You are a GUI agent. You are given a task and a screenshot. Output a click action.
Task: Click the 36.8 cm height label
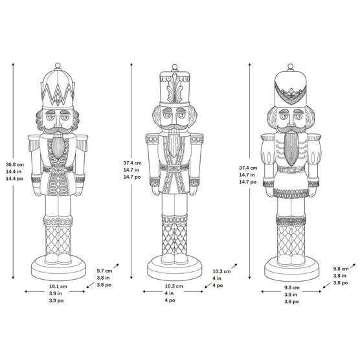(x=15, y=164)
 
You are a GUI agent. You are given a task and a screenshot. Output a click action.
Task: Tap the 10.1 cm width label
(x=58, y=286)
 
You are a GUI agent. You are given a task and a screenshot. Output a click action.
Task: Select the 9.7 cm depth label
(x=104, y=271)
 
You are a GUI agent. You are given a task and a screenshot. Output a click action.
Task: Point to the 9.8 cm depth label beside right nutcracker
(x=341, y=269)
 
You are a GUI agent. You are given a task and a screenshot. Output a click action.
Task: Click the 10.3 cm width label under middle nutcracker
(x=174, y=286)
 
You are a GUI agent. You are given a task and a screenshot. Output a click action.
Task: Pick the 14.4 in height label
(x=14, y=172)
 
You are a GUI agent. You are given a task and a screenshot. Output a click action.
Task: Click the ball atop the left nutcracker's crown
(x=58, y=65)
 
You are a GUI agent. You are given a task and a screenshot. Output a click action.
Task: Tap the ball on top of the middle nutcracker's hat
(x=175, y=67)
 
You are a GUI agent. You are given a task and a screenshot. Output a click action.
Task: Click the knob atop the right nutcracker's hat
(x=291, y=67)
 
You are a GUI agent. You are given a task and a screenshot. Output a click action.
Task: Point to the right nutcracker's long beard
(x=291, y=149)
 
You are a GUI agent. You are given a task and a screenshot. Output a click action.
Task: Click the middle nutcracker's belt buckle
(x=174, y=168)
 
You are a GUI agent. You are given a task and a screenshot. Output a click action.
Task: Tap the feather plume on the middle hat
(x=175, y=89)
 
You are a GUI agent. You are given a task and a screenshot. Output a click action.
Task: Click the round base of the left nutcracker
(x=58, y=268)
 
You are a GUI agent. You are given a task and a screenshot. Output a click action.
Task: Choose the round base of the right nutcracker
(x=291, y=269)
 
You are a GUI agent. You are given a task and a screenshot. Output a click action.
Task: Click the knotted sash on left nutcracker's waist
(x=58, y=170)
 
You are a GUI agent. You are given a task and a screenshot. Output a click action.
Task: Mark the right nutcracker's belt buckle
(x=291, y=170)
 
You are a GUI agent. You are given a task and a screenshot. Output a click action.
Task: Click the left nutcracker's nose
(x=58, y=121)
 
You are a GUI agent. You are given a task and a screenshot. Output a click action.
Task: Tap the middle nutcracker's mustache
(x=174, y=126)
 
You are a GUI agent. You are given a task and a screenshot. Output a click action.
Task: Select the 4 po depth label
(x=218, y=286)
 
